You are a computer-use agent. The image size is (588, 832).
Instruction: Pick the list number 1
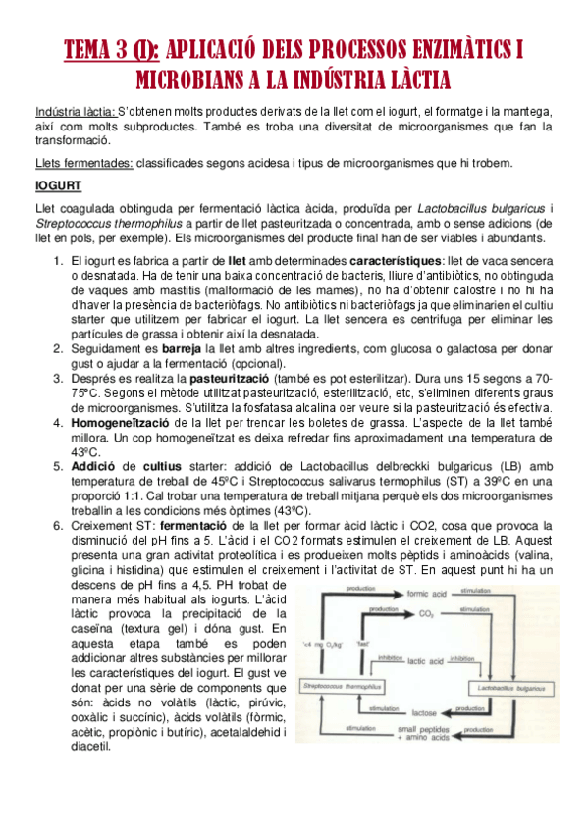click(58, 260)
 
